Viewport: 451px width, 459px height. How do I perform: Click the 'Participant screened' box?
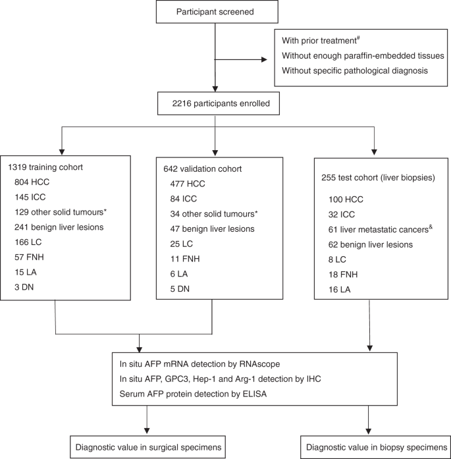click(x=215, y=12)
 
